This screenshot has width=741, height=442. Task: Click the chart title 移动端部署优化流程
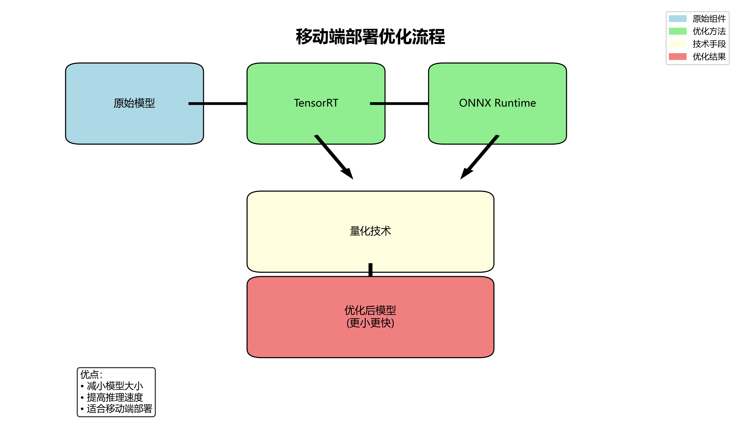click(370, 37)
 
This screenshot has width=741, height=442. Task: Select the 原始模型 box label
click(134, 103)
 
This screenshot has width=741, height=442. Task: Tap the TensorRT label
click(316, 103)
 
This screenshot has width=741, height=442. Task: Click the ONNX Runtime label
click(497, 103)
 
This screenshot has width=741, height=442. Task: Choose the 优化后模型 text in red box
click(370, 310)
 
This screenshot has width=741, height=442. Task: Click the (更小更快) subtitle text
click(370, 323)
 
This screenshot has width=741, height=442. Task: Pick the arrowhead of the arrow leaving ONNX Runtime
click(465, 174)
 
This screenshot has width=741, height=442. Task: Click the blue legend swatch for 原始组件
click(678, 18)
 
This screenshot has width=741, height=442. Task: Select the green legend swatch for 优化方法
click(678, 31)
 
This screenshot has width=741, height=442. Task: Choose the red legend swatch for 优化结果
click(678, 57)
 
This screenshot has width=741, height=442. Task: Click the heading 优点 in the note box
click(90, 374)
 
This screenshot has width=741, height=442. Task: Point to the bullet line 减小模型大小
click(115, 386)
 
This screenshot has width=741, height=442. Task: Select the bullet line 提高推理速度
click(115, 397)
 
